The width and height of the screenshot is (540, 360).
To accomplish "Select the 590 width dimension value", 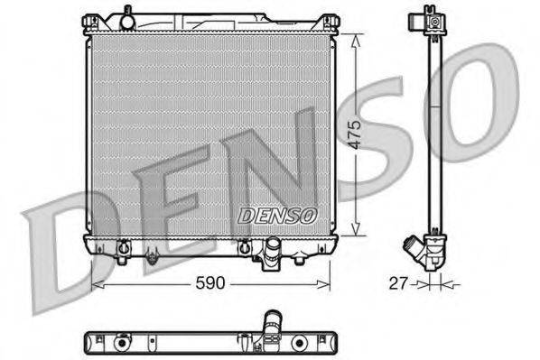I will click(209, 283).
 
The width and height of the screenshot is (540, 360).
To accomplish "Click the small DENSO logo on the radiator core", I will click(277, 217).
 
